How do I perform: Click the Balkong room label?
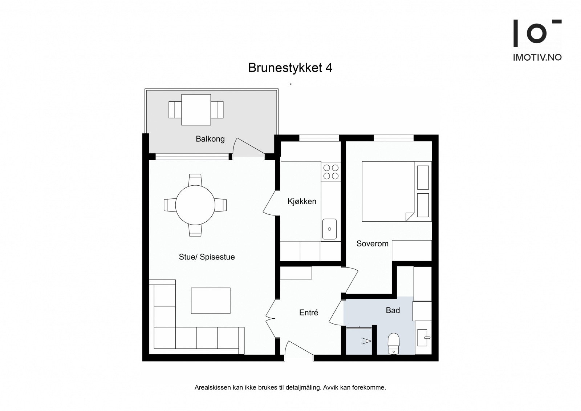pyautogui.click(x=210, y=139)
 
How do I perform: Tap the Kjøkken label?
pyautogui.click(x=302, y=201)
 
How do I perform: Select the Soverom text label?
pyautogui.click(x=372, y=243)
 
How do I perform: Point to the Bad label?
pyautogui.click(x=393, y=310)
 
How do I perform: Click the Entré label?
pyautogui.click(x=308, y=313)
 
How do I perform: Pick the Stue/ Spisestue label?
pyautogui.click(x=207, y=257)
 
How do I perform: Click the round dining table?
pyautogui.click(x=195, y=205)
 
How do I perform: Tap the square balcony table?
pyautogui.click(x=196, y=110)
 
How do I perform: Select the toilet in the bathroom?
pyautogui.click(x=394, y=344)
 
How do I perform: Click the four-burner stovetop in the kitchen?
pyautogui.click(x=331, y=172)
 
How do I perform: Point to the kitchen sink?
pyautogui.click(x=329, y=229)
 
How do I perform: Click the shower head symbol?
pyautogui.click(x=366, y=341)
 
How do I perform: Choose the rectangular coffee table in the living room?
pyautogui.click(x=211, y=301)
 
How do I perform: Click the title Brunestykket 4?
pyautogui.click(x=290, y=68)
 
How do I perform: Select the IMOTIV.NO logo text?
pyautogui.click(x=537, y=58)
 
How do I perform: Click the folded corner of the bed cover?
pyautogui.click(x=410, y=217)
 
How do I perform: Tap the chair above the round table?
pyautogui.click(x=195, y=180)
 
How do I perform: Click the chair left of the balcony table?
pyautogui.click(x=175, y=110)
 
